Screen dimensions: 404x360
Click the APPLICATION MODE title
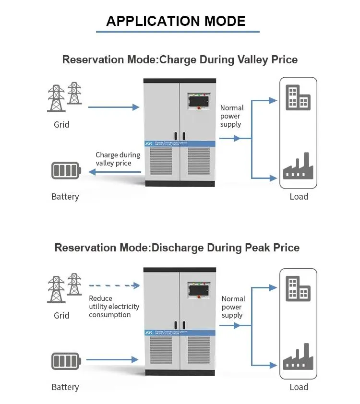pyautogui.click(x=176, y=21)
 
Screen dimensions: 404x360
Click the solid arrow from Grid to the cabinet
pyautogui.click(x=114, y=107)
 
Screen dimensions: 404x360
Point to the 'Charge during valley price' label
pyautogui.click(x=118, y=159)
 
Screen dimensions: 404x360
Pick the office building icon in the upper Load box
pyautogui.click(x=298, y=98)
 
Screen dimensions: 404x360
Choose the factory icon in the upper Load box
pyautogui.click(x=298, y=166)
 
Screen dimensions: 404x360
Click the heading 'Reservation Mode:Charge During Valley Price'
pyautogui.click(x=180, y=59)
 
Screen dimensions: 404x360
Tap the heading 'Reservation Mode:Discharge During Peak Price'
pyautogui.click(x=177, y=248)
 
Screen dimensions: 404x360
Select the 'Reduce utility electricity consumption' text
pyautogui.click(x=114, y=307)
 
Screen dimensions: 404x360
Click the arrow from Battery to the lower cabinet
pyautogui.click(x=114, y=359)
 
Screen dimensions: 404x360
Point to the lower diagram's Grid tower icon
pyautogui.click(x=64, y=288)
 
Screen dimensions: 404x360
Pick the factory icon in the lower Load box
pyautogui.click(x=298, y=357)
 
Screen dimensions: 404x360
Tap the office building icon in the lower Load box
pyautogui.click(x=298, y=288)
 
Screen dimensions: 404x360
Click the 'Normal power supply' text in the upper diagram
pyautogui.click(x=232, y=116)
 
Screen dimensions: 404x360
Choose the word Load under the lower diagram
pyautogui.click(x=299, y=387)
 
